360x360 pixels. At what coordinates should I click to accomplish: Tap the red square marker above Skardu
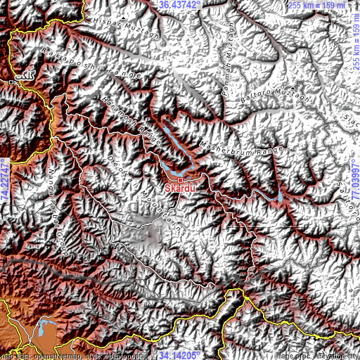[180, 180]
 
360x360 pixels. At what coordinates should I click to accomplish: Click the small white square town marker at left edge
[13, 82]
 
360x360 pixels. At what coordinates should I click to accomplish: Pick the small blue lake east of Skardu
[281, 195]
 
